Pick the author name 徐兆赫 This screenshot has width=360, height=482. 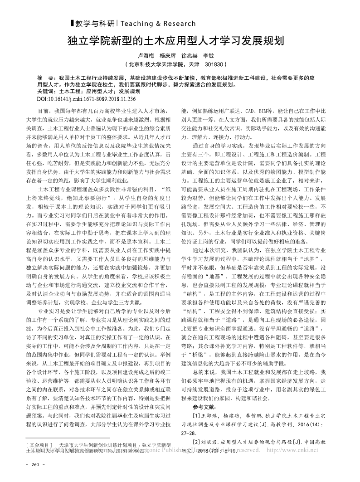[x=189, y=55]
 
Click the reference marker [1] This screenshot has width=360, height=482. [x=197, y=416]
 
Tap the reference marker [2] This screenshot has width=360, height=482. [x=197, y=442]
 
